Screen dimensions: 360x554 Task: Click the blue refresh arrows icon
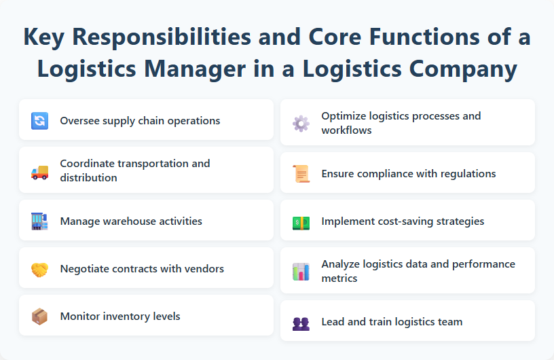(x=39, y=121)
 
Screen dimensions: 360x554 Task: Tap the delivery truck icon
(x=39, y=172)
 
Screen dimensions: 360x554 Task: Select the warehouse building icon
(x=39, y=221)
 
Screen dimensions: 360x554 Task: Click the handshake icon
(x=39, y=269)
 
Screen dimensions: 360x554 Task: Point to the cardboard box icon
(x=39, y=317)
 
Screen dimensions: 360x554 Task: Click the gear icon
(x=301, y=123)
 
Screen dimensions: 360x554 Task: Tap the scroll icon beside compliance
(x=301, y=174)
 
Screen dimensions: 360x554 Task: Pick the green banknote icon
(x=301, y=221)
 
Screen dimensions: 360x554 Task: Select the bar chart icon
(x=301, y=272)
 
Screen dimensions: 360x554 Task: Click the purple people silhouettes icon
(x=301, y=323)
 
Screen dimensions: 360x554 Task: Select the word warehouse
(x=133, y=221)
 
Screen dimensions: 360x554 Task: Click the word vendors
(x=204, y=268)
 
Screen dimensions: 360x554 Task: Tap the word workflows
(x=346, y=130)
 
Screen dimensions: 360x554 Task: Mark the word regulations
(x=466, y=173)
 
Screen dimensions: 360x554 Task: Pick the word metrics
(x=339, y=278)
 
